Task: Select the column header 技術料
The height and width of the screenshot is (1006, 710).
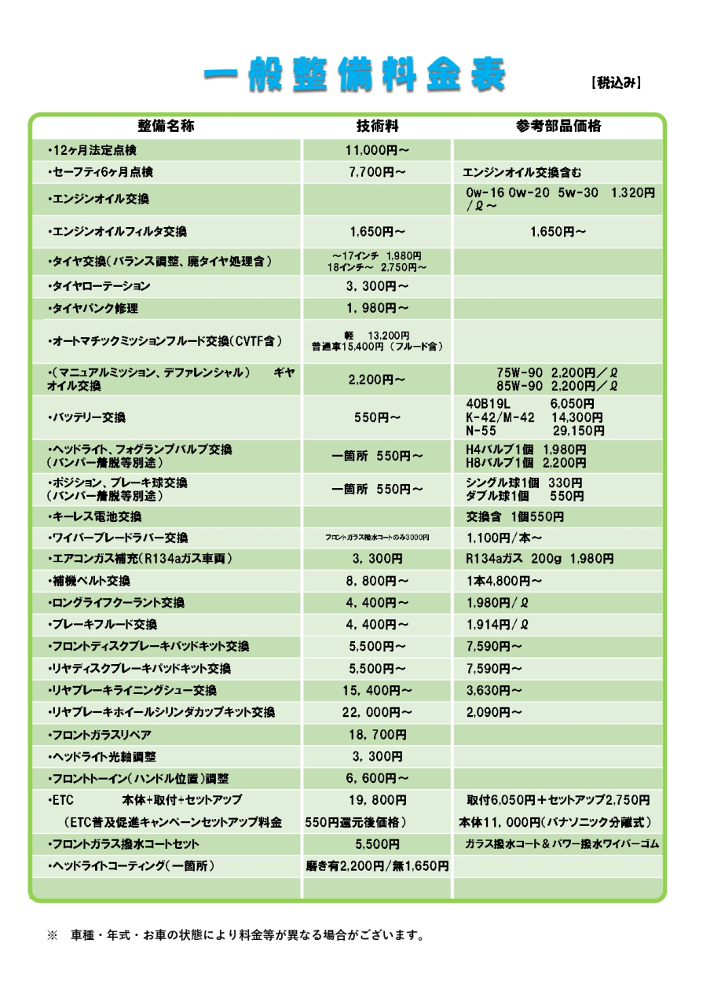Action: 377,126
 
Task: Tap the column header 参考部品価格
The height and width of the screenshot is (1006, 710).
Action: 558,126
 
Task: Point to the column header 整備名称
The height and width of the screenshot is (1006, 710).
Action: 166,126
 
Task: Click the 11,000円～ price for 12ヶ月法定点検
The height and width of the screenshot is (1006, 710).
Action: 377,149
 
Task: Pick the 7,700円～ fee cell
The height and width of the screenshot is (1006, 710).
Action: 377,172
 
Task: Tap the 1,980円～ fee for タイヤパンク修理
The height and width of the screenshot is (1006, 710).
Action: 377,308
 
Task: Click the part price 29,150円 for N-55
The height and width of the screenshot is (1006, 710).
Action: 579,431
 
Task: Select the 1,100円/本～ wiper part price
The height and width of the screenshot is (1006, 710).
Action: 503,538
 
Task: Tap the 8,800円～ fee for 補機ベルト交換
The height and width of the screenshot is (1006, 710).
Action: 377,581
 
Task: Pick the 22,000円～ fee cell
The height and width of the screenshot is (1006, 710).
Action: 377,712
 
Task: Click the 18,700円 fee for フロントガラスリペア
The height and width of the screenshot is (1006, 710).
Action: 377,734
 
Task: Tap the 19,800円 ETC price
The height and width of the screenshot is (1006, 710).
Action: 377,801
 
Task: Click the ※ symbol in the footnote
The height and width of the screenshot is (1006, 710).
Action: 53,936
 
